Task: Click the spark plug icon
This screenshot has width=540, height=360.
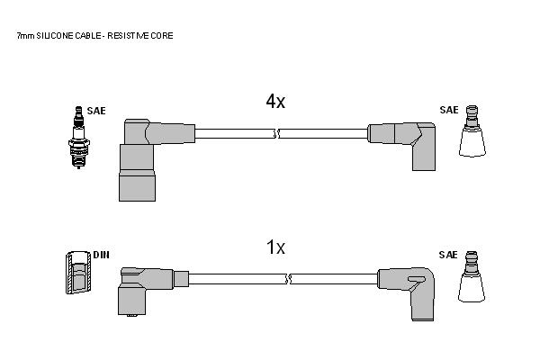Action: (x=79, y=137)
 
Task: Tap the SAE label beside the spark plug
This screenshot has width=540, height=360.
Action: (x=96, y=111)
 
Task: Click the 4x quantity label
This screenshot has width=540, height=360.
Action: (x=275, y=102)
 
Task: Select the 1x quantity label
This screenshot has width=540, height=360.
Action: (x=276, y=247)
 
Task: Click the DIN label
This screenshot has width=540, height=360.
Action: (x=101, y=255)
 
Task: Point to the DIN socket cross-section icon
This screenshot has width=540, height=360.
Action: (x=78, y=272)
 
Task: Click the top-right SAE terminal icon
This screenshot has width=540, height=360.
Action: (x=472, y=130)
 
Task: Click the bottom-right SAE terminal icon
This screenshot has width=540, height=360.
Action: (x=472, y=276)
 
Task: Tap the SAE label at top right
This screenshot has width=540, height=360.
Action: (x=449, y=110)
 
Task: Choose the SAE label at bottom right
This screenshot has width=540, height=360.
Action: (x=448, y=255)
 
